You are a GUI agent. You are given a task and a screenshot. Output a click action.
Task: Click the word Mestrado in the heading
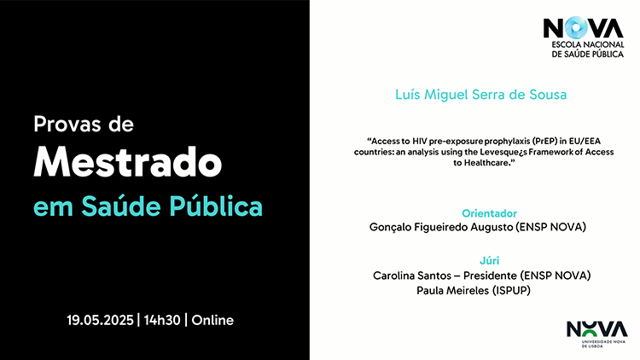click(x=128, y=161)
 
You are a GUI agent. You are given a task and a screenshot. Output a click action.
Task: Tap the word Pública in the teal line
click(x=216, y=206)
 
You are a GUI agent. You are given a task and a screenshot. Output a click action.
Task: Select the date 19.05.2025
click(x=101, y=320)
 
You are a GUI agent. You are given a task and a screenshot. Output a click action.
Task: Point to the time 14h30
click(x=162, y=320)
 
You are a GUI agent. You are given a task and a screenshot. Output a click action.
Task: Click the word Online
click(x=212, y=320)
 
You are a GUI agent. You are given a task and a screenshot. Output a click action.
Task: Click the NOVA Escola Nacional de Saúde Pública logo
click(x=584, y=38)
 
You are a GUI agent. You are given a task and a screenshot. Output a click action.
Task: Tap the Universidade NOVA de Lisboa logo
click(x=597, y=334)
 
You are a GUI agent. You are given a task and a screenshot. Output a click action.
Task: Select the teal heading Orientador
click(x=490, y=213)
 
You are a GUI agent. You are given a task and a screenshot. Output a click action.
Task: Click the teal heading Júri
click(x=490, y=260)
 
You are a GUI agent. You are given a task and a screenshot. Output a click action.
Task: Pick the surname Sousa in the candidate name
click(x=548, y=95)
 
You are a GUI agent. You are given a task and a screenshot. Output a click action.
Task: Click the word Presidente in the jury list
click(x=490, y=276)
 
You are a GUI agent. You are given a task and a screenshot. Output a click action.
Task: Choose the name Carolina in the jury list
click(x=393, y=276)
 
